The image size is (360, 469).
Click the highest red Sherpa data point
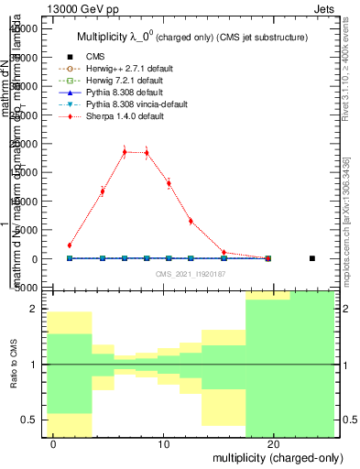point(125,152)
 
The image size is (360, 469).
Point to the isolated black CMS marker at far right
point(312,258)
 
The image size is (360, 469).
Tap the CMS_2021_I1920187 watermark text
point(191,274)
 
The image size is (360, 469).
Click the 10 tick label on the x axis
point(164,443)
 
